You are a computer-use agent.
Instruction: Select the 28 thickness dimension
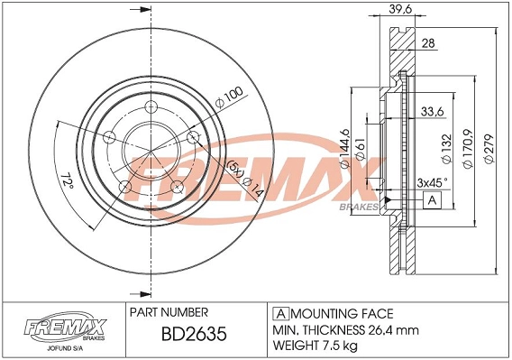pyautogui.click(x=427, y=43)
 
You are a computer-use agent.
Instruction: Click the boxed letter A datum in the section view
pyautogui.click(x=434, y=199)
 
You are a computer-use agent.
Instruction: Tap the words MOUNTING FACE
pyautogui.click(x=340, y=313)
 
